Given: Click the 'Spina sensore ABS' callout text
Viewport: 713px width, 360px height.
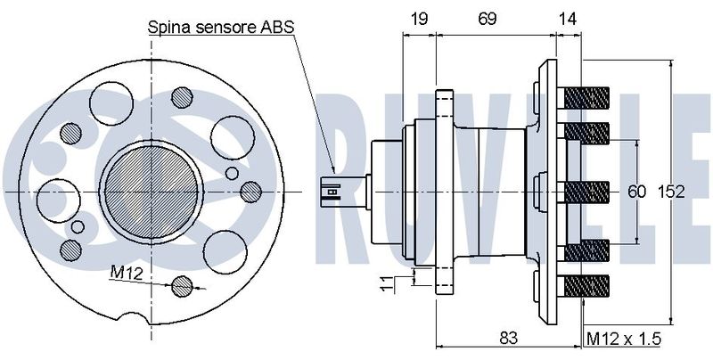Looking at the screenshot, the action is (x=221, y=28).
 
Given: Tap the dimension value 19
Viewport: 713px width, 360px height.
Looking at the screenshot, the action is (x=419, y=19).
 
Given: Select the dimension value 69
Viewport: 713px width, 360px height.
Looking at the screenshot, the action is (x=487, y=19).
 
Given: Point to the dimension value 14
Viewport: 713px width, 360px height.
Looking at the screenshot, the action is (x=568, y=19).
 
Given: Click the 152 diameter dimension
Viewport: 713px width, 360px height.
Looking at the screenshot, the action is (x=671, y=192).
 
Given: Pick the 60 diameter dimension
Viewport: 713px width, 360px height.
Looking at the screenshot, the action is (x=636, y=192).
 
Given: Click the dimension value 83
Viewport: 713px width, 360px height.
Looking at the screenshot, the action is (x=508, y=338).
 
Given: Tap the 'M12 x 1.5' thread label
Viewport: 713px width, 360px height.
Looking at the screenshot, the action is (x=623, y=339).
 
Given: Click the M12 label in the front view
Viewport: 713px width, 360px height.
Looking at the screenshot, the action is (x=127, y=273).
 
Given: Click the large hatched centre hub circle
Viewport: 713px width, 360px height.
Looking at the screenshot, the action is (x=151, y=192).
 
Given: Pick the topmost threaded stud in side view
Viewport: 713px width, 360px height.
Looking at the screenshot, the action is (x=586, y=98).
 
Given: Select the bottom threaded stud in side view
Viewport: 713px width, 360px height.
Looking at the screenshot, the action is (x=586, y=286).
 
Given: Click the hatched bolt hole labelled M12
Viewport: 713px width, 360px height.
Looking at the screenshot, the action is (x=182, y=286).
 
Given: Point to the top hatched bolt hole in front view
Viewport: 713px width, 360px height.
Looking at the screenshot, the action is (x=182, y=97).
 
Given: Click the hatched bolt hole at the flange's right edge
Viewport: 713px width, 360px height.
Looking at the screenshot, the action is (x=250, y=192).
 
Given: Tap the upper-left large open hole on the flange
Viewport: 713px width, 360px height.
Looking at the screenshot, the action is (x=111, y=103).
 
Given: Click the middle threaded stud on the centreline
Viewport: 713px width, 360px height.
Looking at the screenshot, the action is (x=586, y=192).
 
